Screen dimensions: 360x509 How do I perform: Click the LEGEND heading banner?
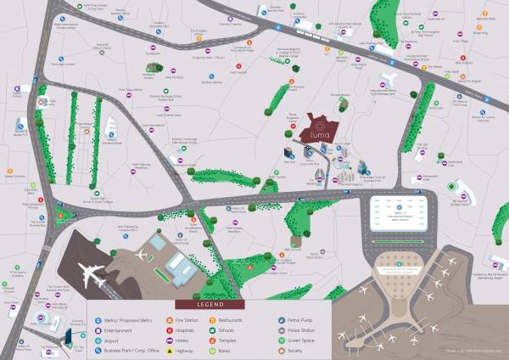point(210,304)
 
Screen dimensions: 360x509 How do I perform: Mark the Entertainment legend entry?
point(119,329)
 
